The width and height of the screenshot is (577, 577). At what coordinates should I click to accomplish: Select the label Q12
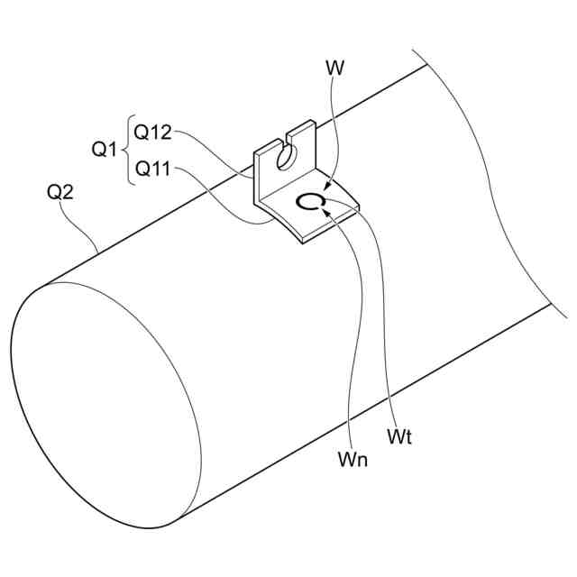point(153,132)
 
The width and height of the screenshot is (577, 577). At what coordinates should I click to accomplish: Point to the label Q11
point(152,168)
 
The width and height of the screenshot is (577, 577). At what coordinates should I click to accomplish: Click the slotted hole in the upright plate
point(285,158)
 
